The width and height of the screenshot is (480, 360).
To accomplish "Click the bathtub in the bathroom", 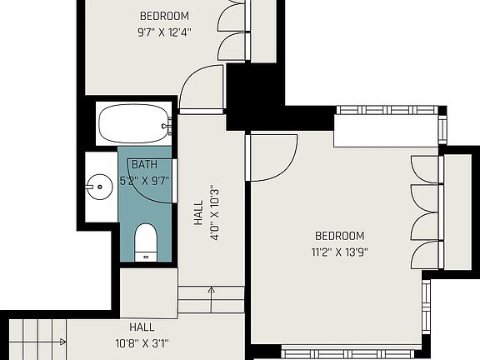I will (134, 125).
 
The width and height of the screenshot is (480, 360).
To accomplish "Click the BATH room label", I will (144, 165).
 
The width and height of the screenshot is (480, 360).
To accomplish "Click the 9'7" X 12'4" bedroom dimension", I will (164, 33).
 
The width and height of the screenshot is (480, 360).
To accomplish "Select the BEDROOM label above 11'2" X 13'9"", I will (339, 236).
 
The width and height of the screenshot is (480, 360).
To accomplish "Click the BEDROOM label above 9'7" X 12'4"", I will (164, 16).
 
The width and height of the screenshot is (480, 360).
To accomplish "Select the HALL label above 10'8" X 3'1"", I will (142, 327).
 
